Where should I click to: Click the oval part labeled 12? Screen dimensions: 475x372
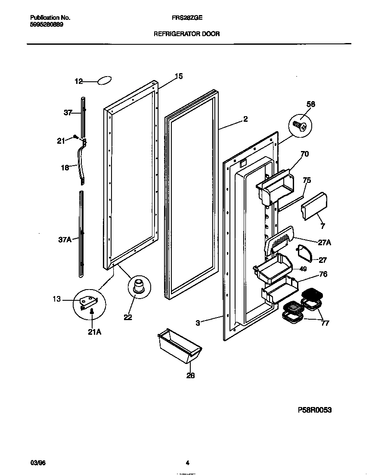[x=104, y=80]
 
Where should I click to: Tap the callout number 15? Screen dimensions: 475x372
[x=178, y=76]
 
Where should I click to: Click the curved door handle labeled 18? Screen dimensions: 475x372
[x=81, y=163]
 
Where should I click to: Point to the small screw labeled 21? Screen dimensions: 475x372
[x=76, y=137]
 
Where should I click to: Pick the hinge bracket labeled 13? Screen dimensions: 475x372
[x=89, y=302]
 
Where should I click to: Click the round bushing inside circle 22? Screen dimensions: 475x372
[x=139, y=286]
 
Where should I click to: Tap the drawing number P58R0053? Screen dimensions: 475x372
[x=315, y=410]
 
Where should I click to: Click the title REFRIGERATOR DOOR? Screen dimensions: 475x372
[x=186, y=34]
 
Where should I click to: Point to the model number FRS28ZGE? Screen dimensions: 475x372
[x=187, y=18]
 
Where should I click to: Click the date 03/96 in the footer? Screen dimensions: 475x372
[x=37, y=463]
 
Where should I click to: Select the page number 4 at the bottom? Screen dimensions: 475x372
[x=187, y=463]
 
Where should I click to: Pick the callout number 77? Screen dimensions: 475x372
[x=325, y=323]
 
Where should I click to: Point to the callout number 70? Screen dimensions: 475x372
[x=304, y=154]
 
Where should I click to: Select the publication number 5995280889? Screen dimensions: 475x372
[x=46, y=25]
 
